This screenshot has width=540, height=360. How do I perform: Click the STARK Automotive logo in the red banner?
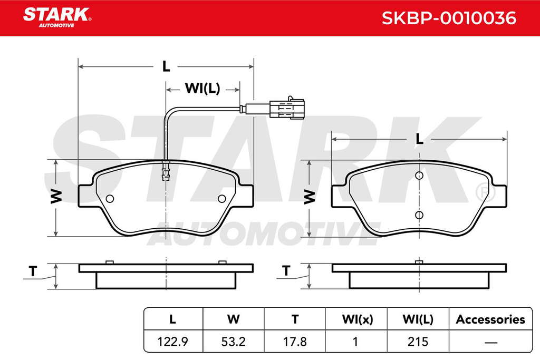(57, 17)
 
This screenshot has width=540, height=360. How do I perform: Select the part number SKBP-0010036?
(449, 18)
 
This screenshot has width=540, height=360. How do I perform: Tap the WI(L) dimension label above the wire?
(202, 89)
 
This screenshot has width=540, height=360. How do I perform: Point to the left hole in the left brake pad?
(110, 199)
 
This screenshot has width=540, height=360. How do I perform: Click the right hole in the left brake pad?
(222, 199)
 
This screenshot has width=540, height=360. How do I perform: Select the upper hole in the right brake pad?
(419, 176)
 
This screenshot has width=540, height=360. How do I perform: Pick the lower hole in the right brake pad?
(419, 215)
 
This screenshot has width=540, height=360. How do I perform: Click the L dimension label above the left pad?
(166, 66)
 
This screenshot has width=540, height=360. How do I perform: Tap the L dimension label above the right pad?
(419, 139)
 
